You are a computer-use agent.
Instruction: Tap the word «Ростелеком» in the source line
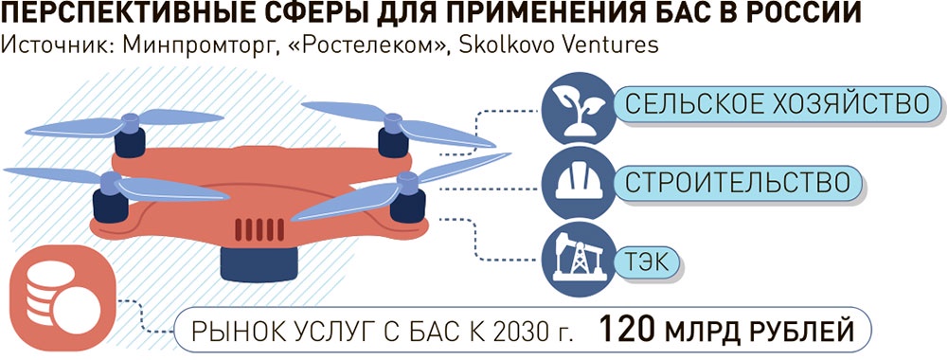(347, 45)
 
